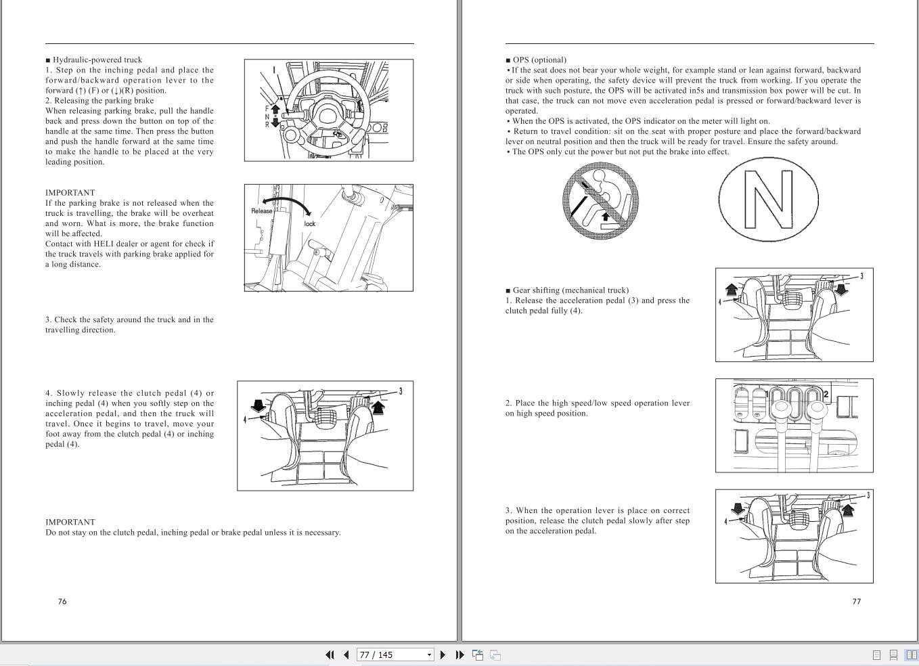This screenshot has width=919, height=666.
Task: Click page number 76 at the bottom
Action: (62, 601)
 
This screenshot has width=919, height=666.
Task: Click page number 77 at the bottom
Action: (857, 601)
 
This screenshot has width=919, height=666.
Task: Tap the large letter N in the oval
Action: (769, 199)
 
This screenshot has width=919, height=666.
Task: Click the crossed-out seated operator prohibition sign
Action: (601, 200)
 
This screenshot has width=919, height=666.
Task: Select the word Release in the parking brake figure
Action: (262, 211)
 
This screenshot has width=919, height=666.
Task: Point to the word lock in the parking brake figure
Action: (310, 223)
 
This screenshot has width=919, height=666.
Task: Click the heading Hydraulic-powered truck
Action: (97, 60)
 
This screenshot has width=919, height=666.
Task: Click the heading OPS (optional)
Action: (539, 60)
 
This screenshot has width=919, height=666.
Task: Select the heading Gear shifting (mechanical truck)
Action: (570, 290)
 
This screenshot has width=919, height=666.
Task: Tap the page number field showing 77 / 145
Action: (395, 654)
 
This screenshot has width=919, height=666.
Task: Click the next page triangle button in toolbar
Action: (443, 654)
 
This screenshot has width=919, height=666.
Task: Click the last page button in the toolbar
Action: (460, 654)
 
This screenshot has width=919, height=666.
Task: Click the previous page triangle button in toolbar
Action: (346, 654)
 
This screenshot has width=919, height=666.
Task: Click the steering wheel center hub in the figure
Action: (327, 115)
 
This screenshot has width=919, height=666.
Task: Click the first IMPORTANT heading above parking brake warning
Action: (70, 192)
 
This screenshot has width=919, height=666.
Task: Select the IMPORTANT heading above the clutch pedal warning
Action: (70, 522)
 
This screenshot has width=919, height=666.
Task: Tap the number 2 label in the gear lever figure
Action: (826, 395)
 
